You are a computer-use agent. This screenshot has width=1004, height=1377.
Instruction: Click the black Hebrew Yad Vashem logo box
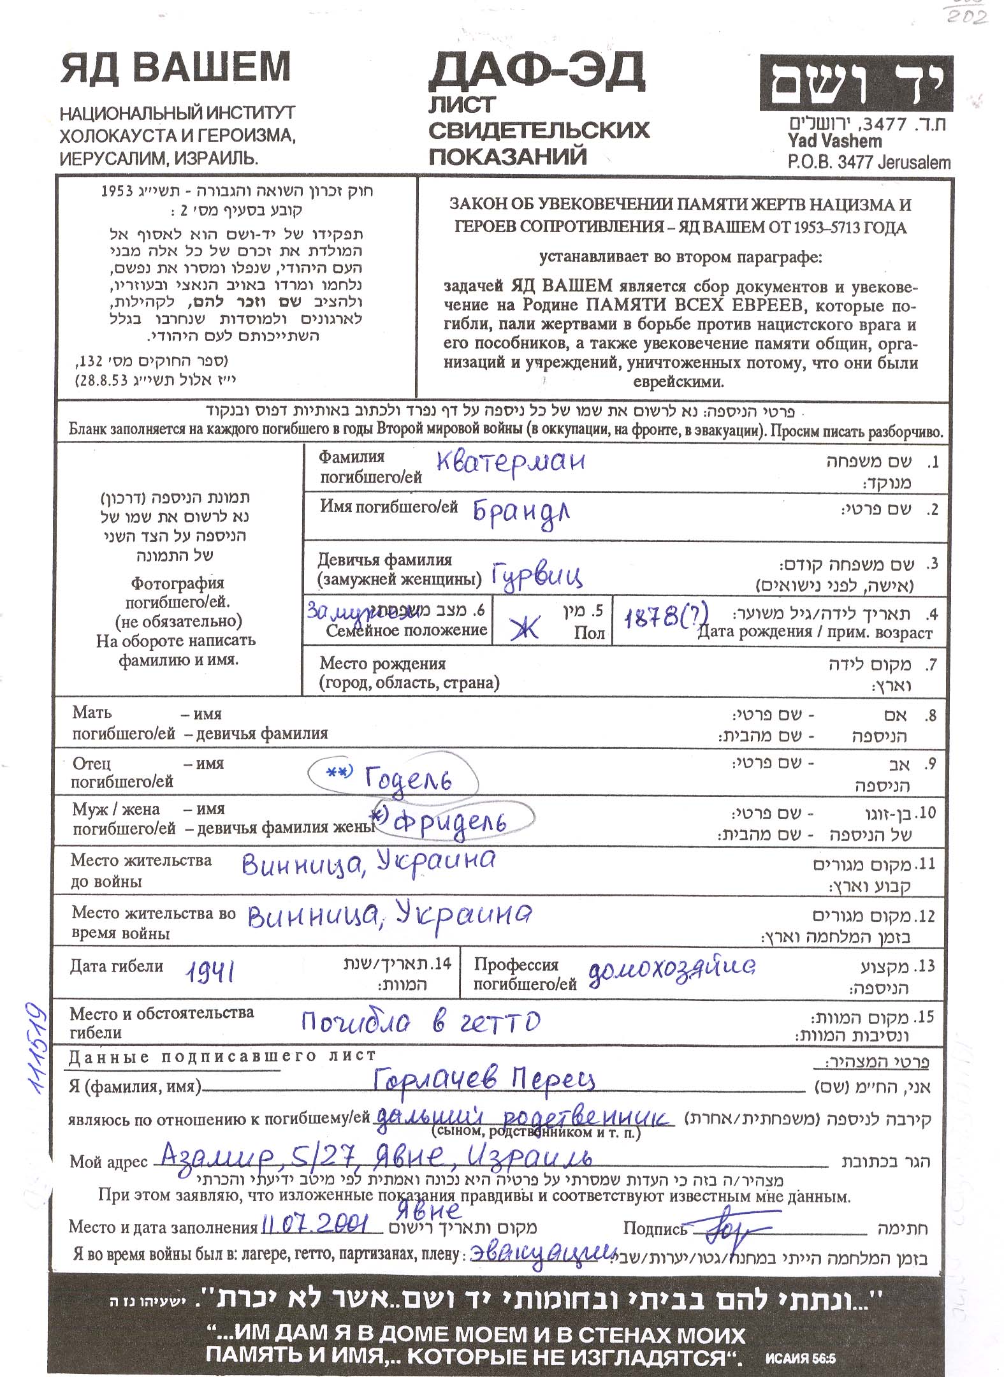tap(855, 83)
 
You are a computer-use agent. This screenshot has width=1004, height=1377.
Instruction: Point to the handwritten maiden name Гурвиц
tap(537, 576)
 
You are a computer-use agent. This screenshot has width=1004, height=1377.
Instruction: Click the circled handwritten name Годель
tap(408, 778)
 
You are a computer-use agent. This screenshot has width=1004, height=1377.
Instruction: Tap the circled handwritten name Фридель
tap(450, 822)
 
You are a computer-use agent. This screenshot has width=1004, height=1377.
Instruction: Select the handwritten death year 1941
tap(210, 972)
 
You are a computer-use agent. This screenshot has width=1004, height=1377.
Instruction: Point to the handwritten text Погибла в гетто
tap(421, 1022)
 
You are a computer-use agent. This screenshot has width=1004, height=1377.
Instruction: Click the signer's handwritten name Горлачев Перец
tap(484, 1079)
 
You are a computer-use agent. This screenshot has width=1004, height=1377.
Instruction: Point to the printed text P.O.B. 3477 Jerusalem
tap(868, 163)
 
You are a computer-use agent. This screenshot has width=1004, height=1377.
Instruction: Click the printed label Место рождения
tap(382, 664)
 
